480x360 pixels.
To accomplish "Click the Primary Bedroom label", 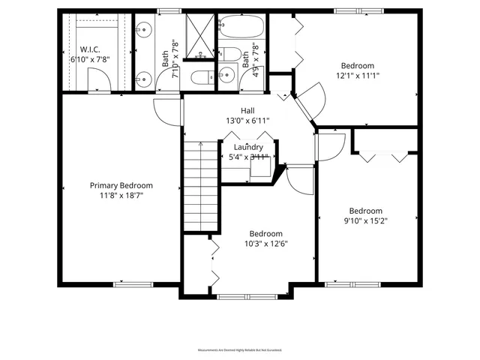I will pyautogui.click(x=121, y=186).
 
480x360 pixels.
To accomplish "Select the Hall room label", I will pyautogui.click(x=247, y=110).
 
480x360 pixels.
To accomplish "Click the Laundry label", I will pyautogui.click(x=247, y=147).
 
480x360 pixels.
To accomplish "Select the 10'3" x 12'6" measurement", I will pyautogui.click(x=265, y=244).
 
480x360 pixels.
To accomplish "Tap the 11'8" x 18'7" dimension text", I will pyautogui.click(x=121, y=195).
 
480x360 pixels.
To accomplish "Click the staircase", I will pyautogui.click(x=200, y=181).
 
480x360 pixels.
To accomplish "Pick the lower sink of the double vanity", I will pyautogui.click(x=143, y=77).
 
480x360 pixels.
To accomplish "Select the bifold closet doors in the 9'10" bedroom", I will pyautogui.click(x=387, y=155).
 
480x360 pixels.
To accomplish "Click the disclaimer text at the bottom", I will pyautogui.click(x=240, y=350).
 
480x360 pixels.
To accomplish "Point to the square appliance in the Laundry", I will pyautogui.click(x=260, y=167).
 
